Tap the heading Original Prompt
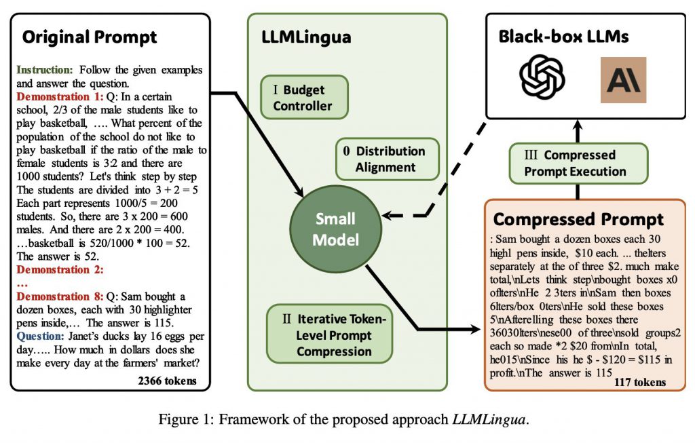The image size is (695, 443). tap(89, 37)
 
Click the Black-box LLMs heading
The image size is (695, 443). tap(574, 36)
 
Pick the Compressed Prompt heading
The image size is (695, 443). tap(578, 219)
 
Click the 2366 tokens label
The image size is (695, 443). tap(167, 381)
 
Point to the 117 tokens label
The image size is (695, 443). tap(639, 383)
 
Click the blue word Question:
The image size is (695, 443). tap(40, 336)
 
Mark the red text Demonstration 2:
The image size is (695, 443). tap(59, 270)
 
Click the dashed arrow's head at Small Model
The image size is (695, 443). tap(386, 216)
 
